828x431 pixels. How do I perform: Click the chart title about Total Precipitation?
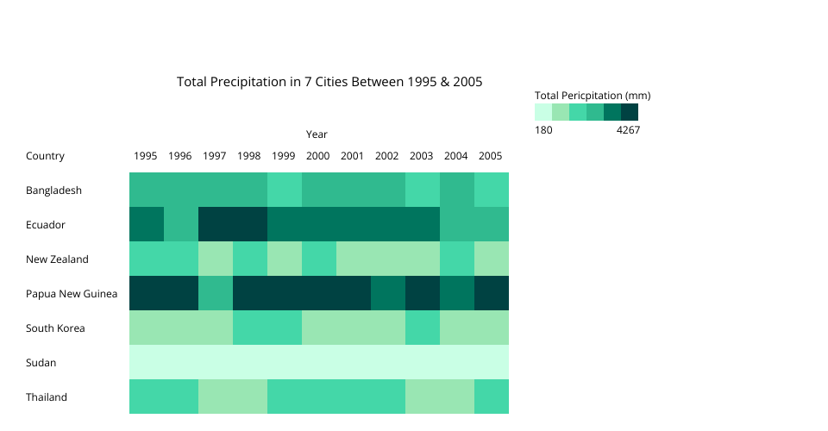click(x=329, y=82)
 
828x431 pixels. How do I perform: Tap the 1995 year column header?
click(x=146, y=156)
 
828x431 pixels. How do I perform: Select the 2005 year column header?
click(x=490, y=156)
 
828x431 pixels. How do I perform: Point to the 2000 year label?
click(x=317, y=156)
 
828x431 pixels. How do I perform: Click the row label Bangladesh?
click(x=53, y=191)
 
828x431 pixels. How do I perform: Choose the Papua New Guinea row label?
click(x=72, y=294)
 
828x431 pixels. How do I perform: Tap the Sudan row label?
click(x=41, y=363)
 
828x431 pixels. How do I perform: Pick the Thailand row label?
click(x=47, y=397)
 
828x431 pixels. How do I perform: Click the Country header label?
click(x=45, y=156)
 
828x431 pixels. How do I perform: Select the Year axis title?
click(x=317, y=134)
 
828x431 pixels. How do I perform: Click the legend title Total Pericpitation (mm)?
click(x=593, y=96)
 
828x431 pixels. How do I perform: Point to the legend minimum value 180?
click(x=543, y=130)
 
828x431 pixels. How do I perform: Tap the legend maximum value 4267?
click(x=629, y=130)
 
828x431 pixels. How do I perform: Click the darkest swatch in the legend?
click(x=630, y=112)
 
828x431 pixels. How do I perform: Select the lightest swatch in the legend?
click(x=543, y=112)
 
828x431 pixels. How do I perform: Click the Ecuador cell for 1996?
click(x=180, y=224)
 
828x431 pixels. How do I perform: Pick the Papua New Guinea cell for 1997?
click(x=215, y=293)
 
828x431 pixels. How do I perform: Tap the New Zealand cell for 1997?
click(x=215, y=259)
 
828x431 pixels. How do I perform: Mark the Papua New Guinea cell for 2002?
click(x=387, y=293)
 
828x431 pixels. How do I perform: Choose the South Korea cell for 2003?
click(x=422, y=328)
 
